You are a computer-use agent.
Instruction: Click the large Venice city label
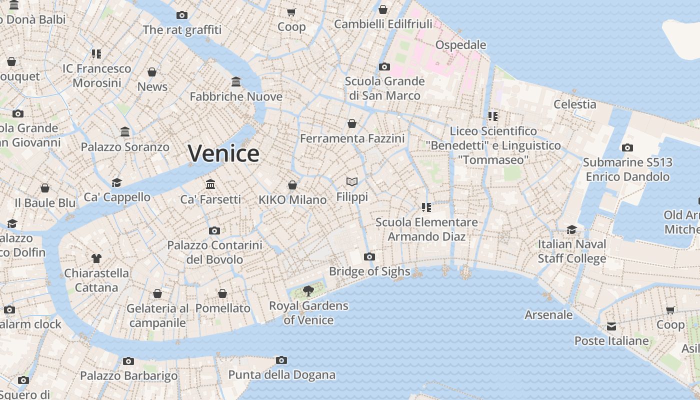click(223, 153)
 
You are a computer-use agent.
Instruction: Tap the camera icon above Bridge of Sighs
click(369, 257)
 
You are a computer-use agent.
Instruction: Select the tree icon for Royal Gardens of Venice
click(308, 290)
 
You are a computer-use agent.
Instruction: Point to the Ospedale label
click(460, 45)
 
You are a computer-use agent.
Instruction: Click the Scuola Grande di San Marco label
click(384, 88)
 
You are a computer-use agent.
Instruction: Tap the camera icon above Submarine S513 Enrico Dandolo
click(627, 147)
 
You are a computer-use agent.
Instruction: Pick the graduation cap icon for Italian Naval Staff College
click(571, 229)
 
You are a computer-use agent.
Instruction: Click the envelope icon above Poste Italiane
click(611, 326)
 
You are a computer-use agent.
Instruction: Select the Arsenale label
click(548, 315)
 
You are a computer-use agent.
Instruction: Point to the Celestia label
click(574, 104)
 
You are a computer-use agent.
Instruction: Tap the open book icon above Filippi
click(352, 182)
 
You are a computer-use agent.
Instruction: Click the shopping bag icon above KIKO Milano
click(292, 185)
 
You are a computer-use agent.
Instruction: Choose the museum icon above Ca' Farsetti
click(210, 184)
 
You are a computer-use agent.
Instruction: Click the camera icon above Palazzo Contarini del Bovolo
click(214, 230)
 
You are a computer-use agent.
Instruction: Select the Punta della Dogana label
click(281, 375)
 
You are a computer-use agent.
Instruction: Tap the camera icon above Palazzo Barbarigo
click(128, 361)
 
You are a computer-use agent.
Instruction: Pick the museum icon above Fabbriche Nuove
click(236, 81)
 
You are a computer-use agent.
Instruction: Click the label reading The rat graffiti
click(182, 30)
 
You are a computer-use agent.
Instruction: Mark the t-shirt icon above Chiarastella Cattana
click(96, 258)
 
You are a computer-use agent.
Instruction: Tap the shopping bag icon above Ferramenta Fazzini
click(352, 123)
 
